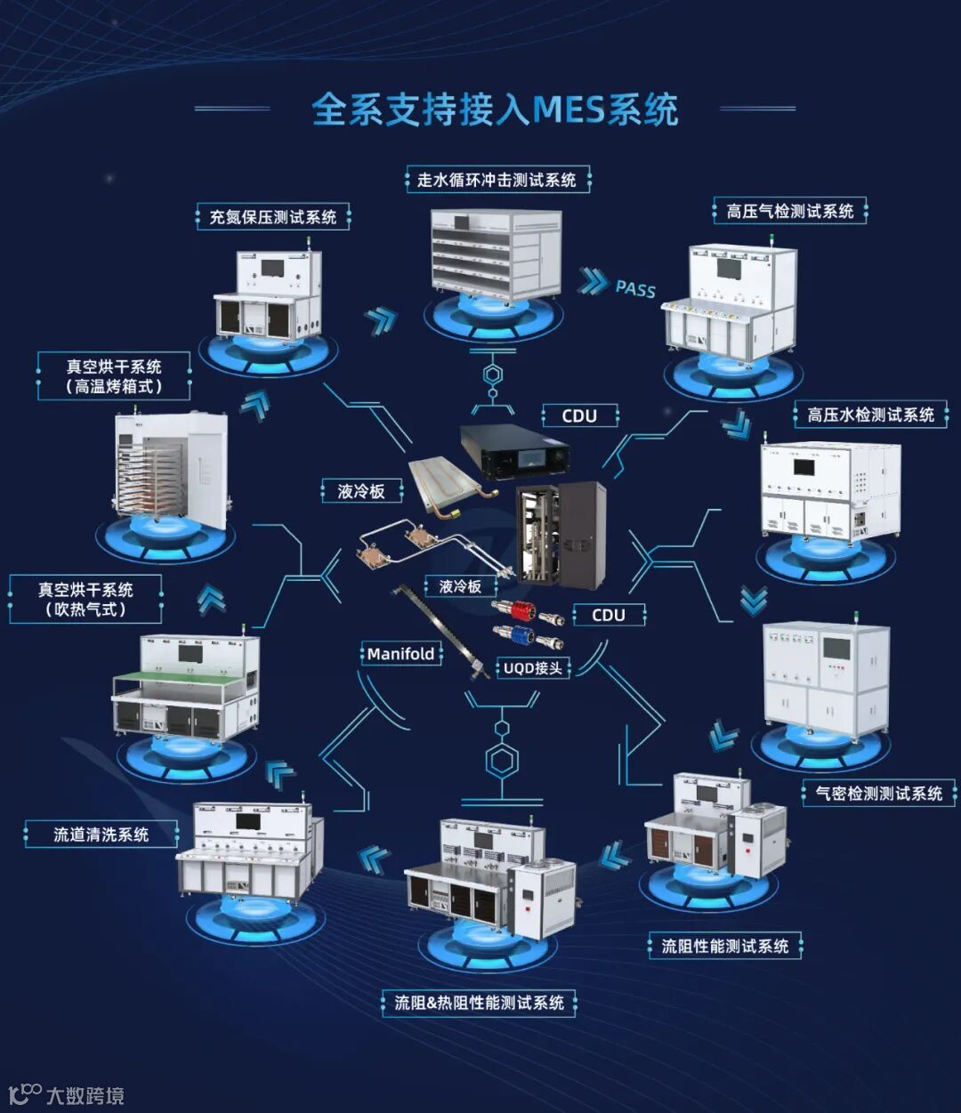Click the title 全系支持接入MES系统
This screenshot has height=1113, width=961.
[x=494, y=109]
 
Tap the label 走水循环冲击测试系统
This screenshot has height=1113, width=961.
[x=497, y=180]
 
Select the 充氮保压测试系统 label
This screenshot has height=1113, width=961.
[x=272, y=217]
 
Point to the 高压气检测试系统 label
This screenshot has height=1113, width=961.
[x=789, y=212]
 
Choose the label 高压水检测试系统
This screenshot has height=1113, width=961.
[x=870, y=415]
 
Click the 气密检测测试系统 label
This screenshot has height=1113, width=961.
[x=878, y=793]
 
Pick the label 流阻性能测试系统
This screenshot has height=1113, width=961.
[x=724, y=946]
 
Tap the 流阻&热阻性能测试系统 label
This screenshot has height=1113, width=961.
[x=479, y=1003]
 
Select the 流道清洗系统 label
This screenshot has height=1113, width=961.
[x=101, y=835]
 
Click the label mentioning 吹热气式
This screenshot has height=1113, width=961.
[x=85, y=600]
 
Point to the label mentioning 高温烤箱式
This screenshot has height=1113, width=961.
[x=114, y=376]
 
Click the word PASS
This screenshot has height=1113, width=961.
[x=635, y=288]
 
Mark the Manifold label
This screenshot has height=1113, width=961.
[x=400, y=654]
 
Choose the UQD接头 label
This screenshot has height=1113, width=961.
[x=532, y=667]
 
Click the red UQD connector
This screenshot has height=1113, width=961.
[x=526, y=611]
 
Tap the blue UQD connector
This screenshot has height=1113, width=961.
[x=528, y=637]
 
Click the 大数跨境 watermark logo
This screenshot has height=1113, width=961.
[x=67, y=1094]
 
